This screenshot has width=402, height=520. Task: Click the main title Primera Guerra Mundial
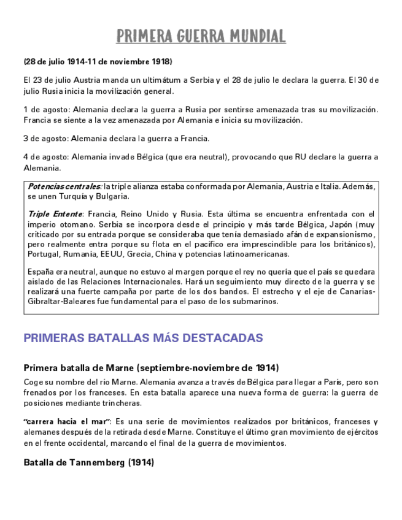[201, 36]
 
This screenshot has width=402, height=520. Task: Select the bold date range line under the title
[98, 62]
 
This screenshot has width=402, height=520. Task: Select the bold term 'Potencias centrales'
[64, 186]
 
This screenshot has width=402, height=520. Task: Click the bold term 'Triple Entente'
[55, 215]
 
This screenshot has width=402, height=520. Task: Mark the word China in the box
[168, 254]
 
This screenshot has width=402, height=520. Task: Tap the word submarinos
[257, 301]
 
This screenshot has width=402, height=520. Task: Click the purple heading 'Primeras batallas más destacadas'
[143, 338]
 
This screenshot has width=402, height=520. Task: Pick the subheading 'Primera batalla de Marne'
[151, 368]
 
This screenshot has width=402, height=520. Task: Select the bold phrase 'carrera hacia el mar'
[66, 422]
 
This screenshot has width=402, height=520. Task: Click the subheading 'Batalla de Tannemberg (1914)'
[88, 462]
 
